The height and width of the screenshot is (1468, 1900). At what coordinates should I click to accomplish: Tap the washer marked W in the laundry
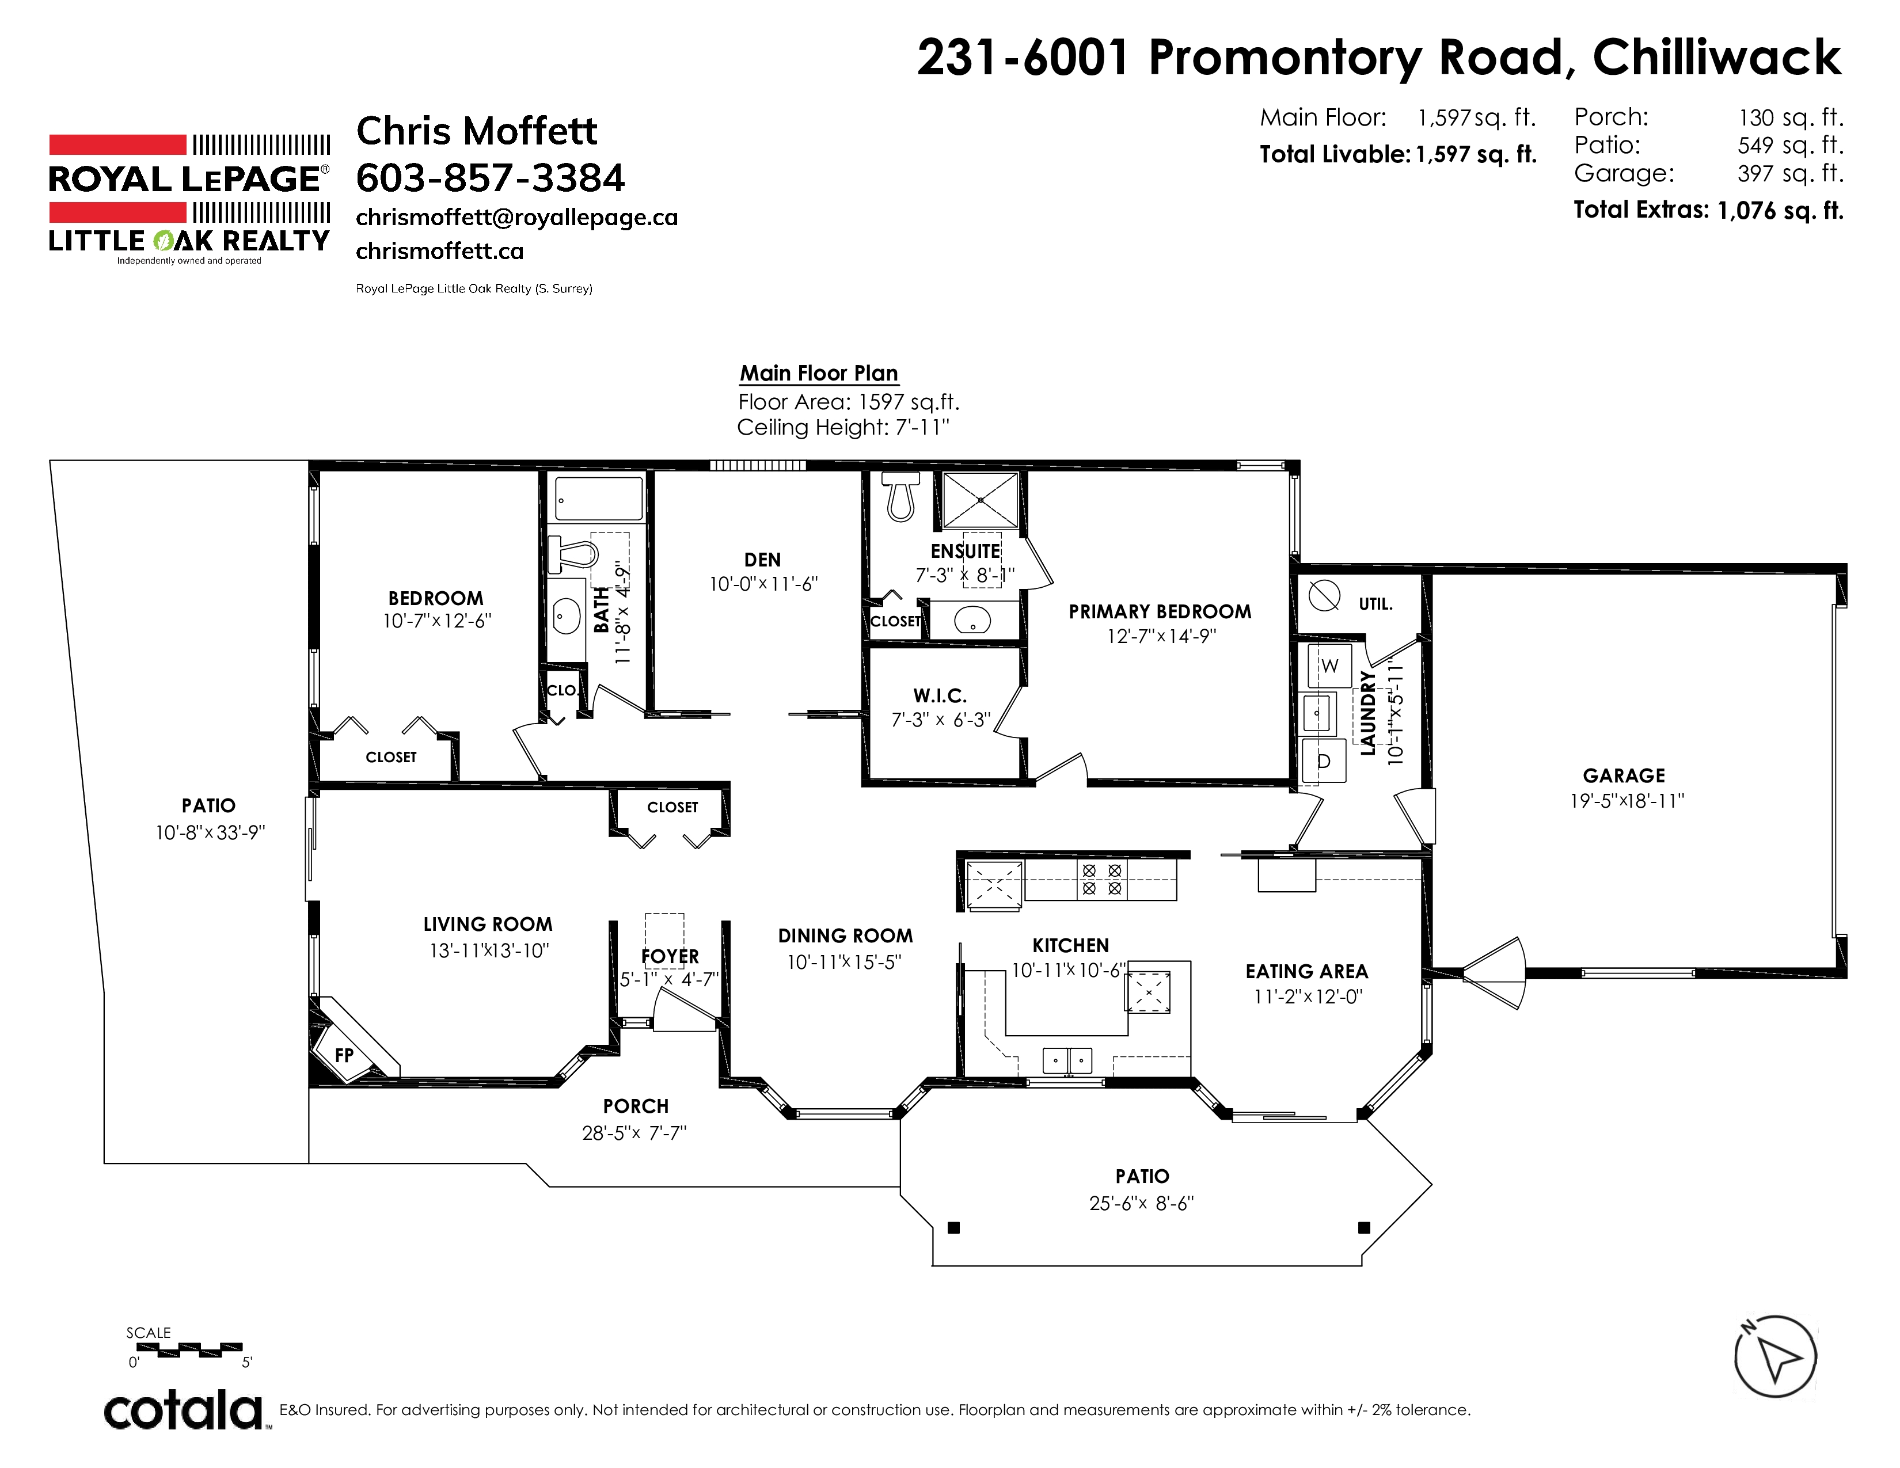1330,666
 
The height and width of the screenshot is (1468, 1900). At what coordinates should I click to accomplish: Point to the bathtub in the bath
599,499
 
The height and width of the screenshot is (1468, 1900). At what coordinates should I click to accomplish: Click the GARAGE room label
1624,776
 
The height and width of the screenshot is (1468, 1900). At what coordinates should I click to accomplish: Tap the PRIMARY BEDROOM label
1160,611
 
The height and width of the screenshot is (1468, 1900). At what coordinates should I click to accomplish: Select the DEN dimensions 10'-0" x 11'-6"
763,584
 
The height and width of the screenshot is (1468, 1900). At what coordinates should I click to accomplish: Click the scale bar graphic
189,1351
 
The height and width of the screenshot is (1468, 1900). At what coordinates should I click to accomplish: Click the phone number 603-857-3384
490,178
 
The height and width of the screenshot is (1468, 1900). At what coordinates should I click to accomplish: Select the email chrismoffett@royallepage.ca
517,218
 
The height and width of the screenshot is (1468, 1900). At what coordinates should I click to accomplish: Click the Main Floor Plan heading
819,373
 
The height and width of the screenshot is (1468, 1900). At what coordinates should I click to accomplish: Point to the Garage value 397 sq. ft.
1791,173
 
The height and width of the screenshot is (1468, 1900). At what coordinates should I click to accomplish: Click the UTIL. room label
1375,603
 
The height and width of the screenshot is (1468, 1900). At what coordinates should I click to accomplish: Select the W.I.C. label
940,696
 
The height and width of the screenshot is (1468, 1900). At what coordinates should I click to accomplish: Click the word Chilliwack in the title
1716,58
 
